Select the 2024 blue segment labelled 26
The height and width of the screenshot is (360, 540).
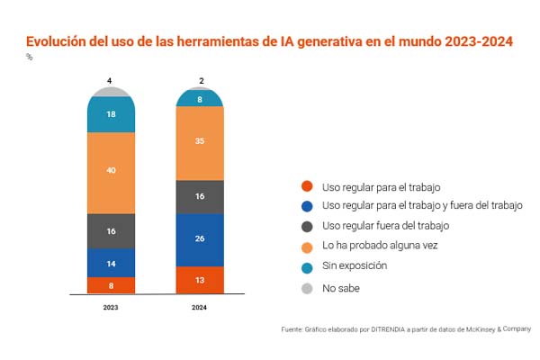tap(201, 239)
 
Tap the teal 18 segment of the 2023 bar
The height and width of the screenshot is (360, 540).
tap(111, 115)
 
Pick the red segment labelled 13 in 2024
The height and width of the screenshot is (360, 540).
tap(201, 280)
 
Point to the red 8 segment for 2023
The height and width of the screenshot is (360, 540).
tap(111, 285)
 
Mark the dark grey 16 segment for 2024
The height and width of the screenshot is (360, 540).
tap(201, 196)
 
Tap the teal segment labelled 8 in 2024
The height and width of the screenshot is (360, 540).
tap(201, 99)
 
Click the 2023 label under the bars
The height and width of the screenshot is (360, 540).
tap(111, 307)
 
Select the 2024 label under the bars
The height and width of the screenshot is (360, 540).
tap(201, 307)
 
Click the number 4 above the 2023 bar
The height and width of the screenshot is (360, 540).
tap(110, 81)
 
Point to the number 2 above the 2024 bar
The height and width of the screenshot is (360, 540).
tap(201, 81)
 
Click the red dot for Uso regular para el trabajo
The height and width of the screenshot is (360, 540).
tap(307, 186)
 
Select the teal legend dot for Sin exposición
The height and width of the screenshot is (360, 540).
tap(307, 267)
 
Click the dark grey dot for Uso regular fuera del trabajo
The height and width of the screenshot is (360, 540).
tap(307, 227)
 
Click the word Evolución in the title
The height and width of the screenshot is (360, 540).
tap(59, 41)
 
